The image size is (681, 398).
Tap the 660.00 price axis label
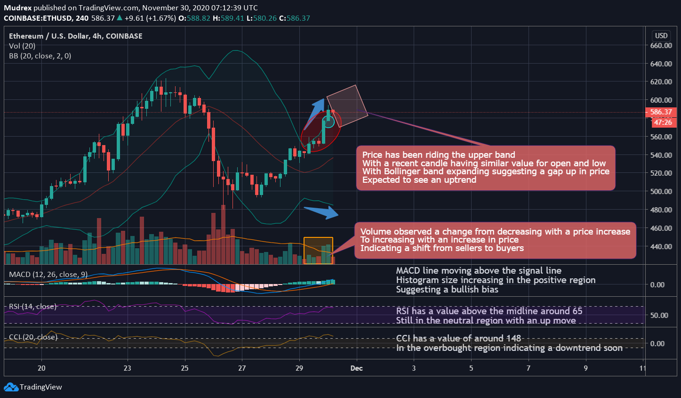[x=661, y=46]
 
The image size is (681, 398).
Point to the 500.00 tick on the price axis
[x=661, y=192]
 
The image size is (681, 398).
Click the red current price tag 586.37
[x=661, y=113]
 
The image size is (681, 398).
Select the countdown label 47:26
[x=663, y=122]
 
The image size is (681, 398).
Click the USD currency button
[x=661, y=36]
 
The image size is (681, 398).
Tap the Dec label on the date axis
[x=356, y=368]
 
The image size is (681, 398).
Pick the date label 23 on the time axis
[x=127, y=368]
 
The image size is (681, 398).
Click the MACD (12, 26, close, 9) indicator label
[x=48, y=275]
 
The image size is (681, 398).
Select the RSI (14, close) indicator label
[x=33, y=307]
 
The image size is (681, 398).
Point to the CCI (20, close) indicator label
[x=33, y=337]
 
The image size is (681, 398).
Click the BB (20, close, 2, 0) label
[x=40, y=56]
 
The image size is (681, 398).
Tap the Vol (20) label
[x=22, y=46]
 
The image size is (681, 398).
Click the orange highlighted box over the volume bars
[x=318, y=250]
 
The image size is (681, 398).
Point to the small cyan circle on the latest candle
[x=329, y=122]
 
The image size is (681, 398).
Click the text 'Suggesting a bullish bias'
[x=447, y=290]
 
